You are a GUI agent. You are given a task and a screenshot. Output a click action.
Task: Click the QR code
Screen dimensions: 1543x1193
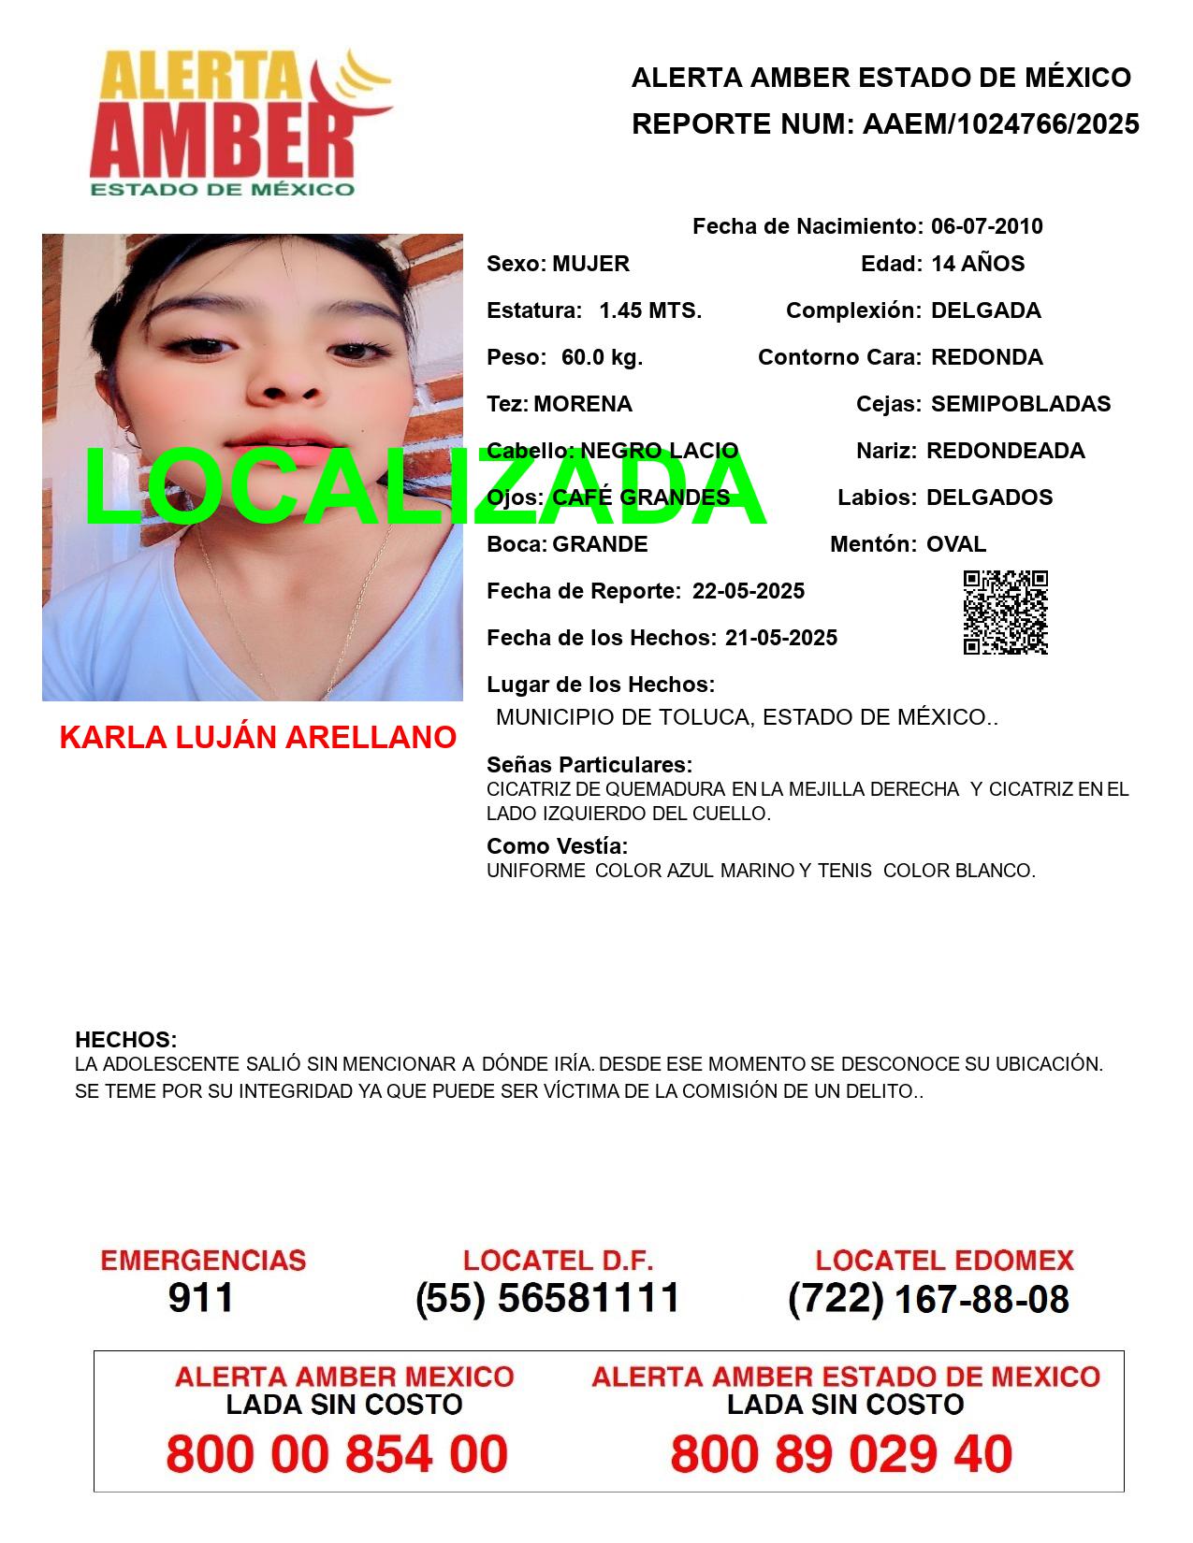[1006, 613]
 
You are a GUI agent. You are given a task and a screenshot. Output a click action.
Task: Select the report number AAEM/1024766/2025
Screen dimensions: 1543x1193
[1000, 124]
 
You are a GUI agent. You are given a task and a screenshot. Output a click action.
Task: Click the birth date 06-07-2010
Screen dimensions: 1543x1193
[986, 226]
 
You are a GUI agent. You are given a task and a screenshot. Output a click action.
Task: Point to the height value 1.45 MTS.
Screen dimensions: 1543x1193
[650, 310]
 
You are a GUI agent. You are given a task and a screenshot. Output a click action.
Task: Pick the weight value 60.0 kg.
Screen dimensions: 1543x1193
[602, 357]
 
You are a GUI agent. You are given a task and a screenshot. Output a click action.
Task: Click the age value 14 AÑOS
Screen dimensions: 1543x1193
[978, 264]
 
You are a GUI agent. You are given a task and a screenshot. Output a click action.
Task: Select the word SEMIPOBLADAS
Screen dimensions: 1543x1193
[1021, 404]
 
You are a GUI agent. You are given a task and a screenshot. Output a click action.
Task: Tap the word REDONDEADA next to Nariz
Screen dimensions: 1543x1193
[1005, 451]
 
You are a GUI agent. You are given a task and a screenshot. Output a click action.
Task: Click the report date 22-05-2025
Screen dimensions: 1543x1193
[748, 591]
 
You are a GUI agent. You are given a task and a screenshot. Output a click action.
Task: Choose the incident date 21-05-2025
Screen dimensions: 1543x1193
[780, 638]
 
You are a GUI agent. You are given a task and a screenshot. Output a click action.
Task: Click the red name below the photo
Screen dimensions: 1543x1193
[257, 738]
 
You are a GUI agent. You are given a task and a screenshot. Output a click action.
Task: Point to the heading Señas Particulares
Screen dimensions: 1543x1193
[589, 765]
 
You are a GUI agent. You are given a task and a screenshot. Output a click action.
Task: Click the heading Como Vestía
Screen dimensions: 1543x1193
[557, 846]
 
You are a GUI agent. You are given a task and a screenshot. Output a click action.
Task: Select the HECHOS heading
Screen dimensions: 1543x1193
[125, 1040]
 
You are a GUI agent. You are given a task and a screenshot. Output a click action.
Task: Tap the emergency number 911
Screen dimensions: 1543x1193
[201, 1298]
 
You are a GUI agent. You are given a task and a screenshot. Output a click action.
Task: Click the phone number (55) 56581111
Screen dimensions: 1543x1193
[547, 1298]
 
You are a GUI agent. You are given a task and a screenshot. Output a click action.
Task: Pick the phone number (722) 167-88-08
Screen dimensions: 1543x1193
[928, 1299]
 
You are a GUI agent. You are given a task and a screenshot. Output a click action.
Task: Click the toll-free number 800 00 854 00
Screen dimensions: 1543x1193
[337, 1454]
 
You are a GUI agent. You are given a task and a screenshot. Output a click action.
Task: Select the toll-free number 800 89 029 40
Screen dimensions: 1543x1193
[841, 1454]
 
